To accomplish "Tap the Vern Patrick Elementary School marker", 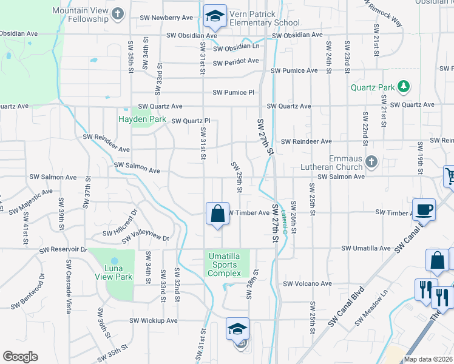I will (214, 17).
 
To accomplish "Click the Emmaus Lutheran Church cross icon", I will (372, 162).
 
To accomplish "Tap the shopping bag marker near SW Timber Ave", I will (217, 214).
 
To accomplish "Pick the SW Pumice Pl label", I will (234, 93).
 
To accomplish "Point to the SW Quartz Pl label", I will (191, 121).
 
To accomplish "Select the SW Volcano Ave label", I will (309, 283).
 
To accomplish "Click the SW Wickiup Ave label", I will (153, 320).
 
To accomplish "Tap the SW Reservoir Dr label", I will (63, 249).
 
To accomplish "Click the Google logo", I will (20, 357).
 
